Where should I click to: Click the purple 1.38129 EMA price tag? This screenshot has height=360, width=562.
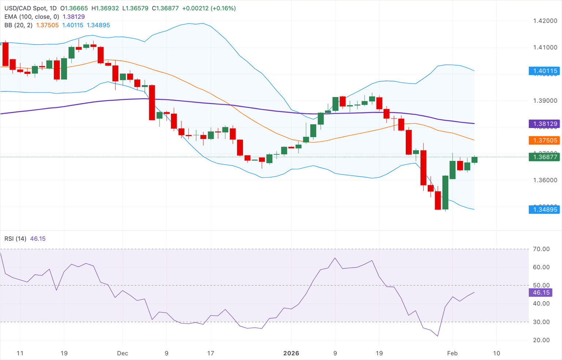point(545,124)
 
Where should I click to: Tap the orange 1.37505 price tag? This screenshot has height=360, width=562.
point(545,140)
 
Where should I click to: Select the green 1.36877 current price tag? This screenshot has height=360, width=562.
point(545,157)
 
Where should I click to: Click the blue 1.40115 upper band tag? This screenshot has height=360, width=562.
point(545,71)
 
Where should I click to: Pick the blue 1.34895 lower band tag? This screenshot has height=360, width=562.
point(545,209)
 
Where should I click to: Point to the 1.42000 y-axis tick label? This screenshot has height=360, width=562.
point(545,21)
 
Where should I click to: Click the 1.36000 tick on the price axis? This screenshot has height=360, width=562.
point(545,180)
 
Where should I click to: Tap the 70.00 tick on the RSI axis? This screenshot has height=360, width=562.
point(541,249)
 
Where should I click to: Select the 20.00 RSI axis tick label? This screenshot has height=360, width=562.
point(541,340)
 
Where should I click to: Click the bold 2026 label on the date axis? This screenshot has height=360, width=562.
point(291,353)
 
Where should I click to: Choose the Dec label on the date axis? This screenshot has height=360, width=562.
point(123,353)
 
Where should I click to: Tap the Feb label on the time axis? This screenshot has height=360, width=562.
point(452,353)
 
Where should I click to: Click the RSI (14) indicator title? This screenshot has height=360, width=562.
point(15,239)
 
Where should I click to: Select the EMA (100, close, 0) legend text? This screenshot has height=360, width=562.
point(32,16)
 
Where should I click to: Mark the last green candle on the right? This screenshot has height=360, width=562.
point(475,160)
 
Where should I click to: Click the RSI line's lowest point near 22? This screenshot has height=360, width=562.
point(438,336)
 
